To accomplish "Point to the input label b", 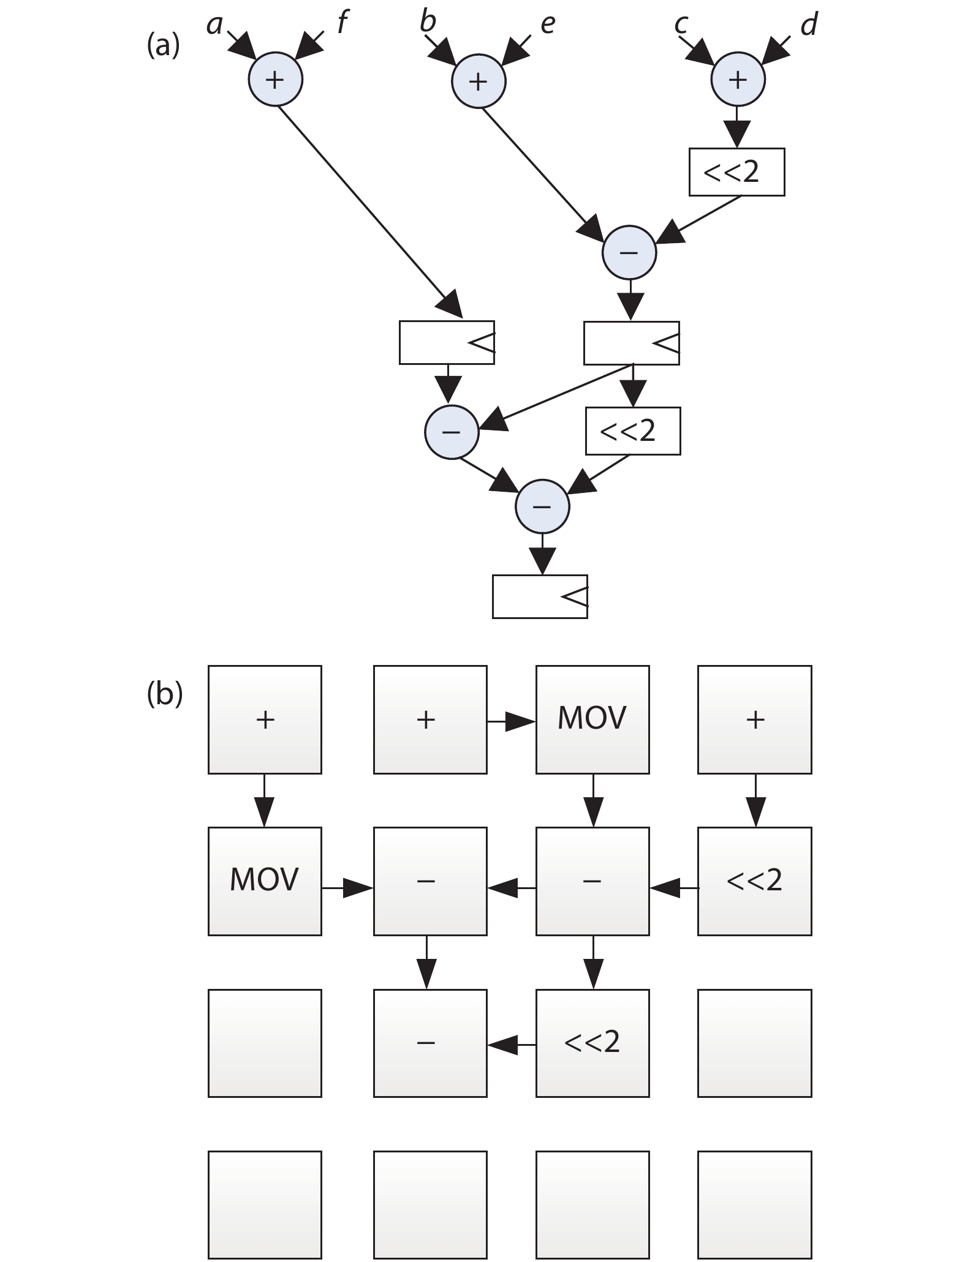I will (x=428, y=22).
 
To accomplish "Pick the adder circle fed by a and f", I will (x=275, y=80).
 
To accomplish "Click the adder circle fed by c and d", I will (x=738, y=80).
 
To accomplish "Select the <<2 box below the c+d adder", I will (x=736, y=172).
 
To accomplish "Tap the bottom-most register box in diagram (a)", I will (x=540, y=596).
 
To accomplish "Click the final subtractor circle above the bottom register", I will (x=542, y=506).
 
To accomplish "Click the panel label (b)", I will (x=164, y=694).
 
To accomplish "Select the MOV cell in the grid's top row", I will (x=592, y=719).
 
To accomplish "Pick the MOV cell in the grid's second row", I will (x=265, y=881).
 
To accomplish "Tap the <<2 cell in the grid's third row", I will (x=592, y=1043).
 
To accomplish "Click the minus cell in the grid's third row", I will (x=430, y=1043).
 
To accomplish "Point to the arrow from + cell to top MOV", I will (x=512, y=723).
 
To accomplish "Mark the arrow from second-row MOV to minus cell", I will (x=347, y=887).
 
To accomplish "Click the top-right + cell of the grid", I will (x=755, y=719).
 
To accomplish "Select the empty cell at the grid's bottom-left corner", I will (x=265, y=1204).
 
